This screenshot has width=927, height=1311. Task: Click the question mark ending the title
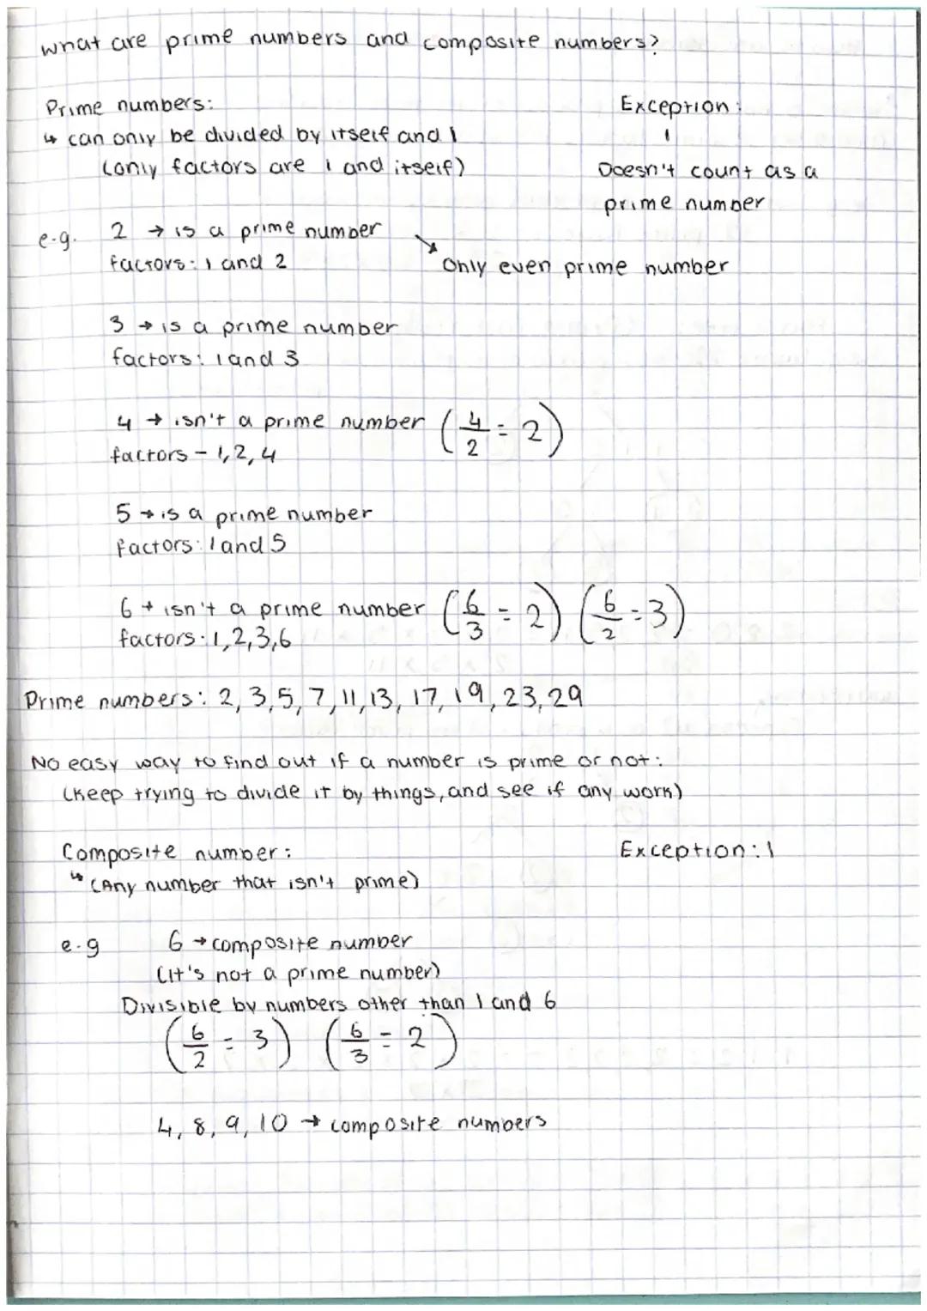pos(651,45)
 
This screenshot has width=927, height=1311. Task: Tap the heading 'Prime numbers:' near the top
pos(130,107)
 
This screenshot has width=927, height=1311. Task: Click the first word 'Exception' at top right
pos(674,106)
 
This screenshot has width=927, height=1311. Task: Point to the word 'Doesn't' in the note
pos(639,170)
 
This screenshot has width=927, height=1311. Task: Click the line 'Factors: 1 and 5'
pos(201,545)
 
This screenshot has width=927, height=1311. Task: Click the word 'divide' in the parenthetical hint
pos(266,792)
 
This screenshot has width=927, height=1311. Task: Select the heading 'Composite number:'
pos(176,853)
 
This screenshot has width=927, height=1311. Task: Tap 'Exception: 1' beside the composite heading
pos(696,851)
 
